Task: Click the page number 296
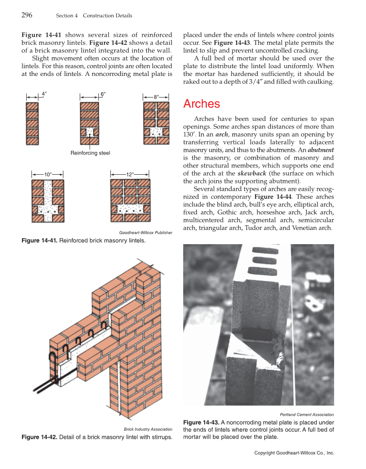click(x=27, y=16)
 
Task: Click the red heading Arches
click(x=201, y=104)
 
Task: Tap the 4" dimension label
click(x=44, y=94)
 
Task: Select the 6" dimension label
click(x=103, y=94)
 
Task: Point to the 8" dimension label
click(x=156, y=98)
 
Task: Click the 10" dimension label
click(x=48, y=174)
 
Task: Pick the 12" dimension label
click(x=130, y=174)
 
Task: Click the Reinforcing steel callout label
click(x=90, y=153)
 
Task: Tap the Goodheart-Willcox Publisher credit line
click(x=145, y=233)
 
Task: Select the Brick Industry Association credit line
click(x=148, y=429)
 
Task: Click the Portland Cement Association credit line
click(x=307, y=415)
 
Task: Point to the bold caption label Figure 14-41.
click(x=39, y=240)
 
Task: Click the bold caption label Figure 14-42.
click(x=39, y=437)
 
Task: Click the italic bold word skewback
click(x=252, y=173)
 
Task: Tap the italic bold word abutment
click(x=321, y=150)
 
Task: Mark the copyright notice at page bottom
click(x=294, y=453)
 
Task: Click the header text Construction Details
click(x=107, y=16)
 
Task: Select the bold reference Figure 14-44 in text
click(x=270, y=197)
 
